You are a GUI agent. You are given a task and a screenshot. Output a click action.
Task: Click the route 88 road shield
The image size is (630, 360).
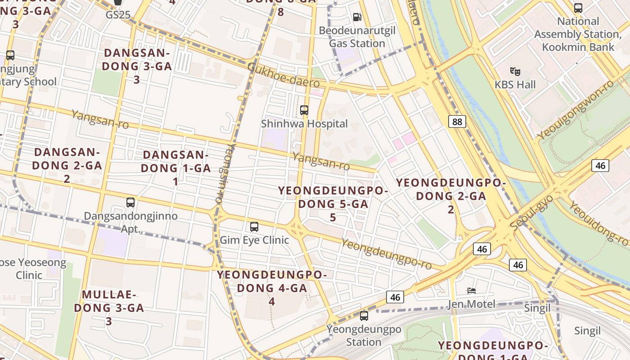pyautogui.click(x=457, y=121)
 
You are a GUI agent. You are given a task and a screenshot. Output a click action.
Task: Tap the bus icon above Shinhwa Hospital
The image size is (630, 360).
pyautogui.click(x=304, y=110)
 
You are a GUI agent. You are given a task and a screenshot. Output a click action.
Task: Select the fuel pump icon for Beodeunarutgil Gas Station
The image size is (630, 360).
pyautogui.click(x=357, y=17)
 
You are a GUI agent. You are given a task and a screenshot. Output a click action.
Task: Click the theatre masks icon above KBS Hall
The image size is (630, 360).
pyautogui.click(x=515, y=71)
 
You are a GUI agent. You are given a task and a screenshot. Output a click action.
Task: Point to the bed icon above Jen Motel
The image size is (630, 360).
pyautogui.click(x=472, y=290)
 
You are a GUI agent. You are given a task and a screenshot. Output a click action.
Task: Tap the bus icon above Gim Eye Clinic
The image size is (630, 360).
pyautogui.click(x=254, y=226)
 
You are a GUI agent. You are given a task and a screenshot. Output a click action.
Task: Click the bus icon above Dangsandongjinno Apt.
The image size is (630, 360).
pyautogui.click(x=130, y=202)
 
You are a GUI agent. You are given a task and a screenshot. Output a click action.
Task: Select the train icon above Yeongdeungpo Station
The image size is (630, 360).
pyautogui.click(x=364, y=316)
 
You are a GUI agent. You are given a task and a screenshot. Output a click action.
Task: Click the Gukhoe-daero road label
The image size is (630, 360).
pyautogui.click(x=283, y=75)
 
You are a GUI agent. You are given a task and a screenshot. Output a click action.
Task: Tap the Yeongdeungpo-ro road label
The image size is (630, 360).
pyautogui.click(x=386, y=254)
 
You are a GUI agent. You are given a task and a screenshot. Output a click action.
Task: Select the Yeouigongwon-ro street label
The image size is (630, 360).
pyautogui.click(x=576, y=110)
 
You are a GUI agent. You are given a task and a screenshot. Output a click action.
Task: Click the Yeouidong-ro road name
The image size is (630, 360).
pyautogui.click(x=598, y=223)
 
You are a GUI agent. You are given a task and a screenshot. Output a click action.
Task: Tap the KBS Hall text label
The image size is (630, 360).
pyautogui.click(x=515, y=85)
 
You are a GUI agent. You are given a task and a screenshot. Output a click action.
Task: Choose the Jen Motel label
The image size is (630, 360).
pyautogui.click(x=471, y=304)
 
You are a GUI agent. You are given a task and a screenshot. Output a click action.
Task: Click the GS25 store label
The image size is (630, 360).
pyautogui.click(x=118, y=15)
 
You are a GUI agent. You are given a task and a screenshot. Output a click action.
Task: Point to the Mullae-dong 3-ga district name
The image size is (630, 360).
pyautogui.click(x=109, y=308)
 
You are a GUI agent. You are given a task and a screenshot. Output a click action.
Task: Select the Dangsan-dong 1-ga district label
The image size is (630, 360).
pyautogui.click(x=175, y=168)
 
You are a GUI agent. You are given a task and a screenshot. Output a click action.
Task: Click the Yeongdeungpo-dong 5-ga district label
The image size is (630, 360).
pyautogui.click(x=333, y=204)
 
